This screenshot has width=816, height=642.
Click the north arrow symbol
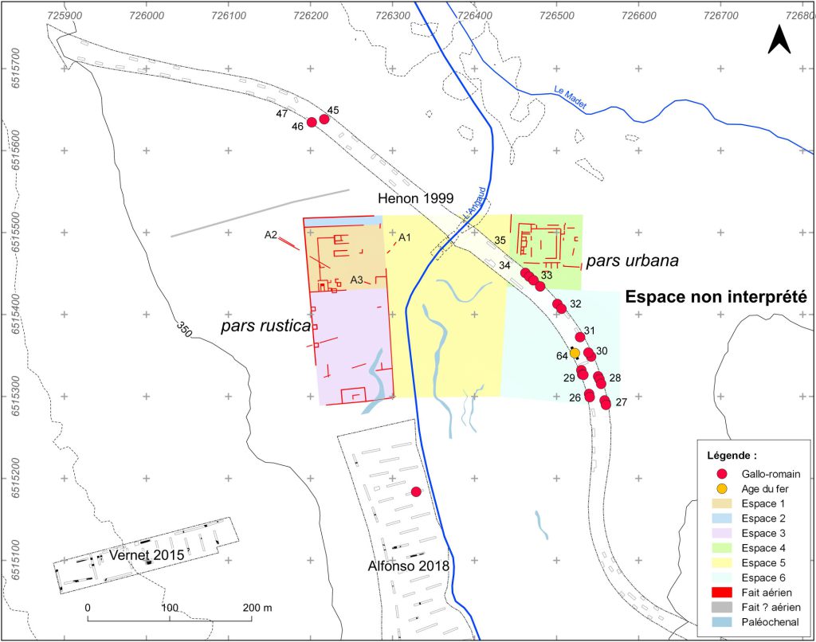pos(779,39)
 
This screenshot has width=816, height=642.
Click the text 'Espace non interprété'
pos(716,297)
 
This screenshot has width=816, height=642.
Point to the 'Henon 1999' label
pos(414,198)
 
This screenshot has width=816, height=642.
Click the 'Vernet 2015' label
pos(147,554)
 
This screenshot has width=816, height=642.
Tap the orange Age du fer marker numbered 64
pos(575,353)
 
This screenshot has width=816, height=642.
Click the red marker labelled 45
pos(324,119)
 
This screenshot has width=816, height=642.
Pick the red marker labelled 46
pos(312,123)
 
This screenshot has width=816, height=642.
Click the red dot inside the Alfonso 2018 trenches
pos(415,492)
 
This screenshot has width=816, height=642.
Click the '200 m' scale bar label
pos(257,608)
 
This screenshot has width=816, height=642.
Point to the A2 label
pos(271,235)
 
